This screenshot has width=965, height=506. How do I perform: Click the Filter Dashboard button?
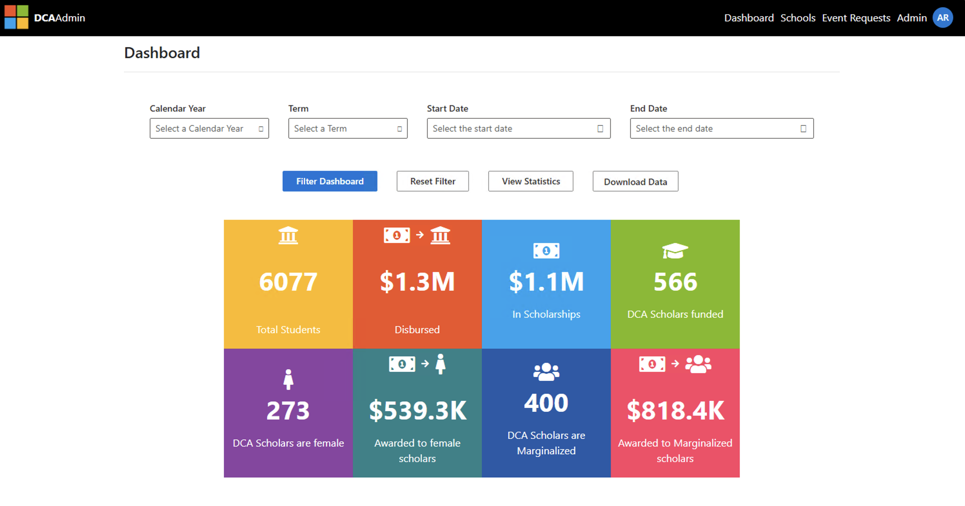pyautogui.click(x=330, y=181)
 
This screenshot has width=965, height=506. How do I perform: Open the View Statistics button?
pyautogui.click(x=531, y=181)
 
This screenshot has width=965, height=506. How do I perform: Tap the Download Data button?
pyautogui.click(x=635, y=181)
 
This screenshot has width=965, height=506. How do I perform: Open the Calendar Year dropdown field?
pyautogui.click(x=209, y=128)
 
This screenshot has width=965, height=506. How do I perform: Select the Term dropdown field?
pyautogui.click(x=348, y=128)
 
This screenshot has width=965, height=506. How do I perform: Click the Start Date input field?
pyautogui.click(x=519, y=128)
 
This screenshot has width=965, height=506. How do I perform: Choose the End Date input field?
pyautogui.click(x=721, y=128)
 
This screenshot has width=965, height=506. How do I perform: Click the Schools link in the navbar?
pyautogui.click(x=798, y=18)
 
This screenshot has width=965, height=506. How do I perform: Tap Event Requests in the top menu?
pyautogui.click(x=856, y=18)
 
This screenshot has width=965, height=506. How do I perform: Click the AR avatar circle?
pyautogui.click(x=942, y=18)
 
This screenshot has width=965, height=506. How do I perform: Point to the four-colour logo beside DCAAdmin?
pyautogui.click(x=16, y=17)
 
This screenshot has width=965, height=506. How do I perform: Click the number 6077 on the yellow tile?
pyautogui.click(x=288, y=281)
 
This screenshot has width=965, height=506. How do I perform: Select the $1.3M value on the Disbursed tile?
pyautogui.click(x=417, y=281)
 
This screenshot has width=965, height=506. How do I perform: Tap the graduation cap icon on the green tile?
pyautogui.click(x=675, y=250)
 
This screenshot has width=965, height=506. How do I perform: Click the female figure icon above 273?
pyautogui.click(x=288, y=379)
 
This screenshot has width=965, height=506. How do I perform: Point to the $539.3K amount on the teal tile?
pyautogui.click(x=417, y=411)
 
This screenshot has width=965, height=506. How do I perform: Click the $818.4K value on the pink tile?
pyautogui.click(x=675, y=411)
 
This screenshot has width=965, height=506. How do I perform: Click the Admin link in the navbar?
pyautogui.click(x=911, y=18)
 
